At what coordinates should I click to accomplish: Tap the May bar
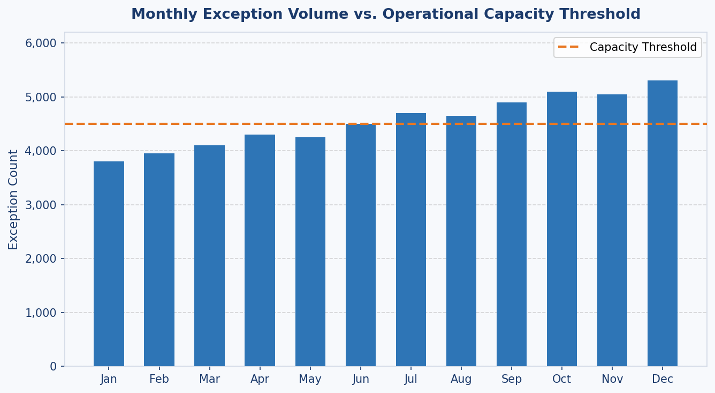pos(310,252)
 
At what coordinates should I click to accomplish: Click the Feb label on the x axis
pos(159,380)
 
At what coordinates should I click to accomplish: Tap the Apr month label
pos(260,380)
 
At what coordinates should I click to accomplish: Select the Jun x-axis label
pos(361,380)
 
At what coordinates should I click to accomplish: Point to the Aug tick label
pos(461,380)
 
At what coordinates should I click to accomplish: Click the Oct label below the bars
pos(562,380)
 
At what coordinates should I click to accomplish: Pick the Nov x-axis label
pos(612,380)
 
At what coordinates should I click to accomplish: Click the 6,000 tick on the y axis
pos(41,43)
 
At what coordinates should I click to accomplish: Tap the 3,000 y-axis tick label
pos(41,205)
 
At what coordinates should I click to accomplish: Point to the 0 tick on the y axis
pos(53,367)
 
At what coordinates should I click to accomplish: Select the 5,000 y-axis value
pos(41,98)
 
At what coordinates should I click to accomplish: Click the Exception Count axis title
pos(13,199)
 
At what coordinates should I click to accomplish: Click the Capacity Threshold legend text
pos(643,47)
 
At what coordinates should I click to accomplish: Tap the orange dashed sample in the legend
pos(568,47)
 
